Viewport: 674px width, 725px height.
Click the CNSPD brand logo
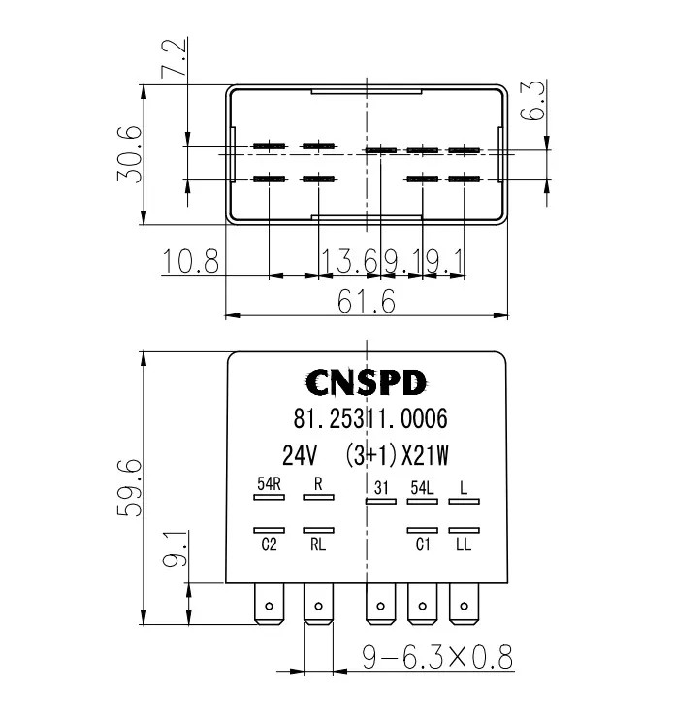tap(366, 383)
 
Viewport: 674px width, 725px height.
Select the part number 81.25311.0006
tap(369, 419)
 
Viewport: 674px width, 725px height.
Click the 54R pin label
tap(269, 483)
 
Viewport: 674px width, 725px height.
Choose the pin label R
tap(318, 483)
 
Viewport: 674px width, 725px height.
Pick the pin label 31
tap(380, 488)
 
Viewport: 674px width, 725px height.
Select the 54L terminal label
tap(422, 488)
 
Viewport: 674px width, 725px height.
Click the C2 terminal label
tap(269, 545)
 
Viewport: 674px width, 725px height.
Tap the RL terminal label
tap(318, 545)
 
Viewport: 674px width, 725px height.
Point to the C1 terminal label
tap(423, 545)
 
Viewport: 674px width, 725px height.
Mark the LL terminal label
tap(464, 545)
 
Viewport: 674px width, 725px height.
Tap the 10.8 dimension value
tap(191, 262)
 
